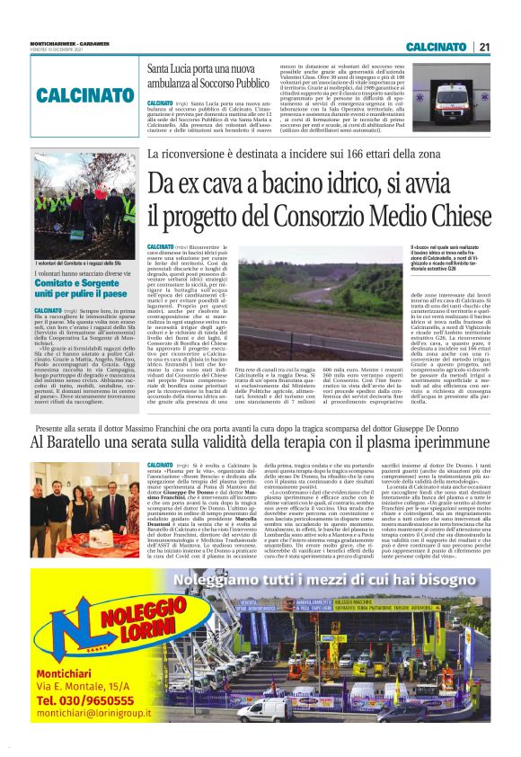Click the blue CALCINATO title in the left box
[86, 94]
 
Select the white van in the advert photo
[268, 710]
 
